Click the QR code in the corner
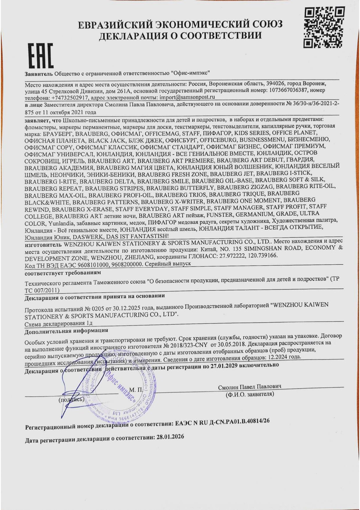click(x=324, y=28)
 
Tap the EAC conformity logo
click(x=40, y=56)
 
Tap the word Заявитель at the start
click(x=39, y=74)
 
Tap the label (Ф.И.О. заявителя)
click(x=250, y=394)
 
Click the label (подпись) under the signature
click(x=71, y=400)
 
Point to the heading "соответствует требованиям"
click(x=63, y=273)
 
